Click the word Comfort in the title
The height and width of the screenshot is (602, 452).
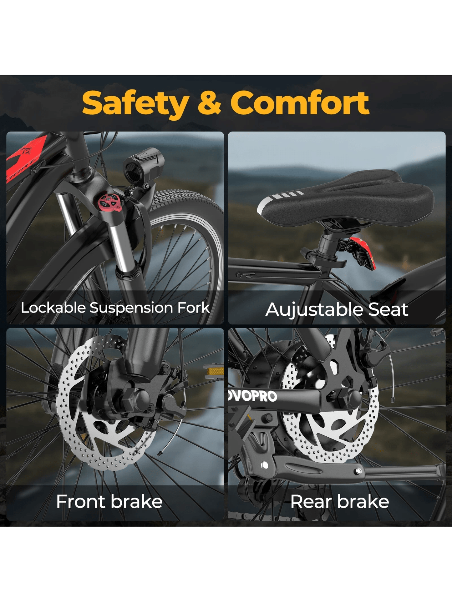click(x=300, y=103)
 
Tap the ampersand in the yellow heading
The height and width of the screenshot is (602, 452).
click(x=210, y=103)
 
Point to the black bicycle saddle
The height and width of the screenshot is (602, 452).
click(x=346, y=198)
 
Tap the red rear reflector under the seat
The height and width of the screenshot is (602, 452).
click(x=363, y=253)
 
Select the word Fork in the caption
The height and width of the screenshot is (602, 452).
click(x=194, y=308)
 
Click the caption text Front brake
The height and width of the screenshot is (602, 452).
click(x=109, y=502)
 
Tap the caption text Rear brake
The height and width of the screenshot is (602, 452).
click(x=339, y=502)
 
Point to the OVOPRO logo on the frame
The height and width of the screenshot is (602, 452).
click(x=253, y=396)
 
